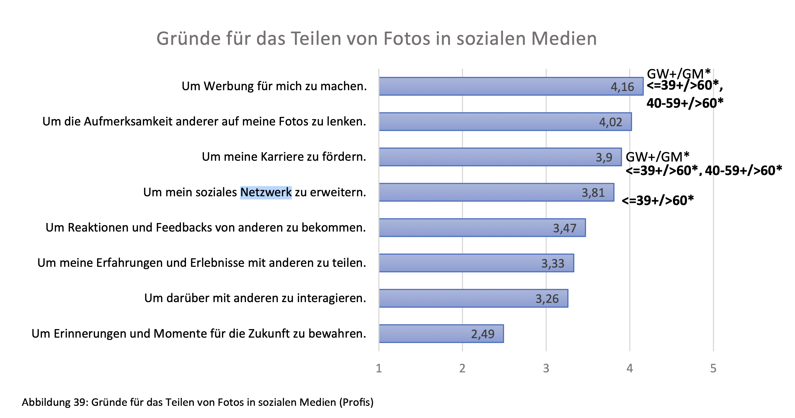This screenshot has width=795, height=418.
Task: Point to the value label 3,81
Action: [x=593, y=193]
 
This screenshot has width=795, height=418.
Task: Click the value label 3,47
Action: [x=564, y=228]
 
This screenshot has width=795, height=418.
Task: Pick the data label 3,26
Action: [x=547, y=299]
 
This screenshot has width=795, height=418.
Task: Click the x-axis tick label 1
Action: [x=379, y=368]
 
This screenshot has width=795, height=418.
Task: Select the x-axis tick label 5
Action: [x=713, y=368]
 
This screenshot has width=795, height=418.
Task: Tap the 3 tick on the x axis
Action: [x=546, y=368]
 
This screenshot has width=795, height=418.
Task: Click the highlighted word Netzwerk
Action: [x=266, y=192]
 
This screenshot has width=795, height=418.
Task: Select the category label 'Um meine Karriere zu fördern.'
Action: [x=284, y=157]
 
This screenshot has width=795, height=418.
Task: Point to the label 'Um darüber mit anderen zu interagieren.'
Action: [x=255, y=298]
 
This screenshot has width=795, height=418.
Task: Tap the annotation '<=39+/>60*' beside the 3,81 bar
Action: [x=657, y=201]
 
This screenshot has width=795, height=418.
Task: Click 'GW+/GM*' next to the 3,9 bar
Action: [x=657, y=157]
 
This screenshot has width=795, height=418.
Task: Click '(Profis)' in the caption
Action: [x=356, y=402]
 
